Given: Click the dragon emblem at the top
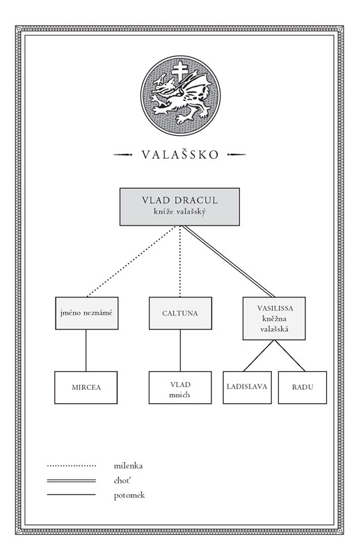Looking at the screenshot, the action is [180, 95].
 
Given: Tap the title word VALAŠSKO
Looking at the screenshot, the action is [180, 155].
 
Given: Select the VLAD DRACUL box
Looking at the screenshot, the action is [179, 207].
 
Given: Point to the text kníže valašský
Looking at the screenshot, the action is [179, 212].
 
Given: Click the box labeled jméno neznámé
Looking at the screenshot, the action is [87, 313].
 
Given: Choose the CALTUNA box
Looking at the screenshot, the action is [180, 313].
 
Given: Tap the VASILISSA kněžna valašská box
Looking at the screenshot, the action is [274, 318].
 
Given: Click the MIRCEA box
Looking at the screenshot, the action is [86, 388].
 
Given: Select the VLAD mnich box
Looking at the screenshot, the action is [180, 388].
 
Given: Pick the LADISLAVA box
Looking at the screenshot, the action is [247, 388].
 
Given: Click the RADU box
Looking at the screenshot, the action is [302, 388].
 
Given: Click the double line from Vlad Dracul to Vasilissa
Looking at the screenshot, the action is [229, 262].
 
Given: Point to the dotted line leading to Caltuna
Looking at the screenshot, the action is [180, 262].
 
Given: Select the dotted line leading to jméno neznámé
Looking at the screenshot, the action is [131, 262].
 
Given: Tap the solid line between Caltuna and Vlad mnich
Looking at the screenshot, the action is [180, 351].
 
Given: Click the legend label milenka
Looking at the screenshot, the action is [128, 466].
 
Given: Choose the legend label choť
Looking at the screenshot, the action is [122, 480].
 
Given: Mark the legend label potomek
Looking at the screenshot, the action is [129, 496].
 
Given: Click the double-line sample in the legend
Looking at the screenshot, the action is [72, 480].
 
